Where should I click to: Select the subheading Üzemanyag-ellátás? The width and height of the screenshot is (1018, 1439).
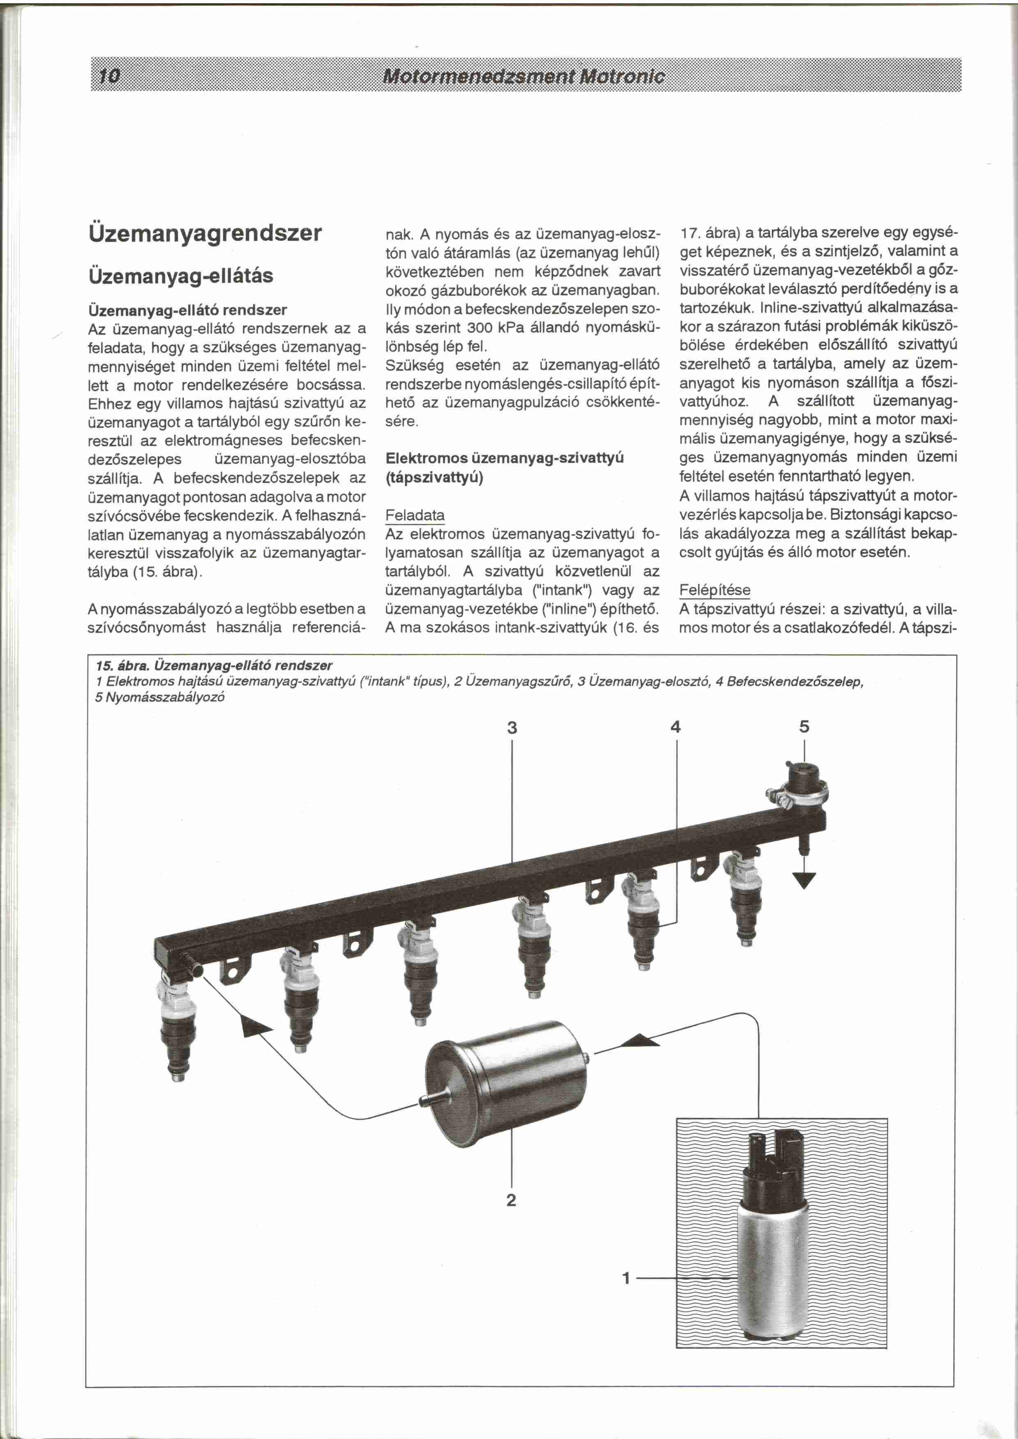point(181,276)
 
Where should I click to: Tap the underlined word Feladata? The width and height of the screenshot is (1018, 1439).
point(415,515)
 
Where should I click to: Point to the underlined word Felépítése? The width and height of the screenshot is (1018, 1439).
point(715,590)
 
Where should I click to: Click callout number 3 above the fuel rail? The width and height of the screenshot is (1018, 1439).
point(512,728)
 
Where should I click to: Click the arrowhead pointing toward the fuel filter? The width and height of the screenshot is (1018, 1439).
point(640,1041)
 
